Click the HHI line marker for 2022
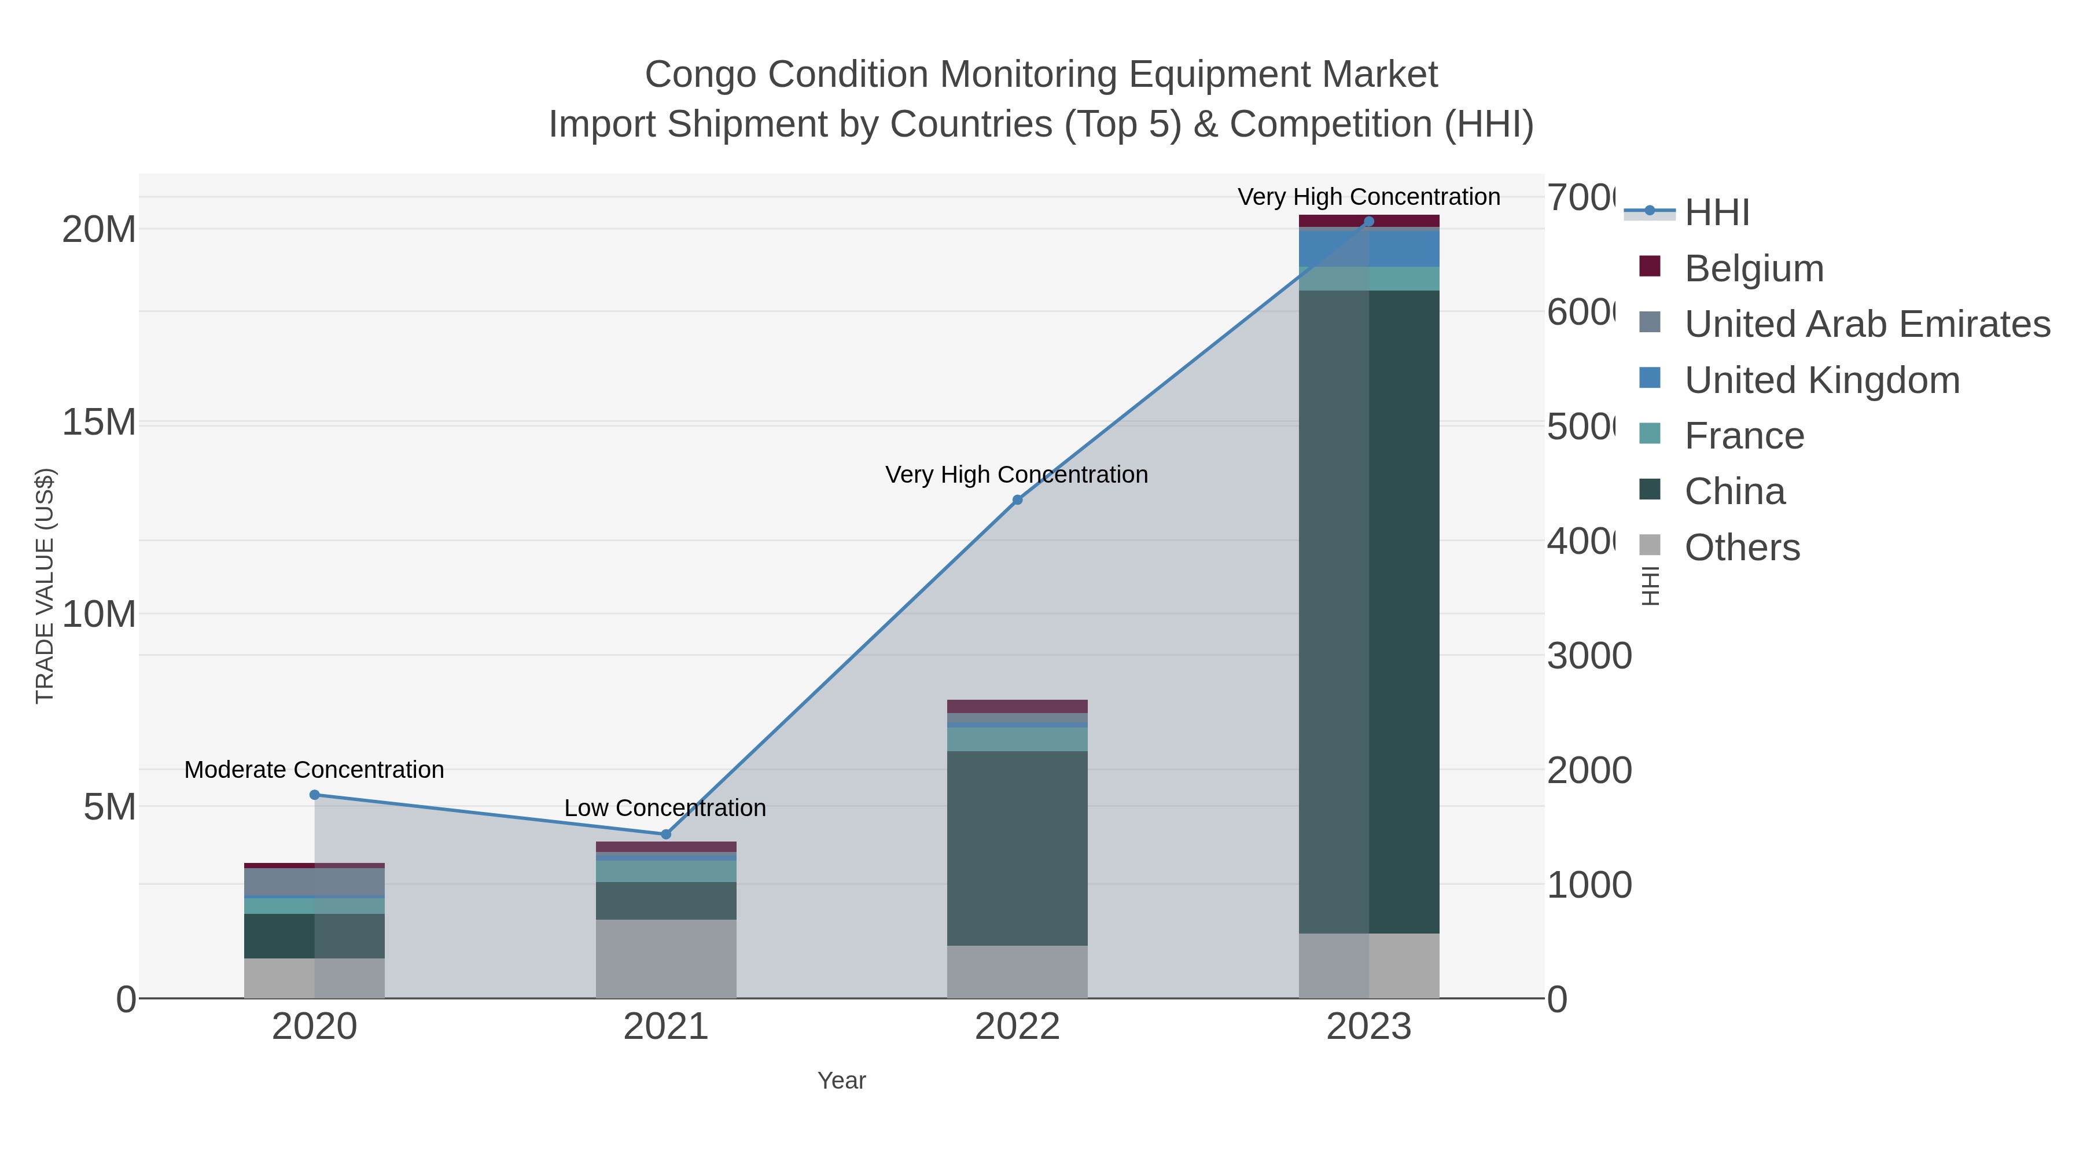(x=1017, y=500)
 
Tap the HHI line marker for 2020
(x=315, y=795)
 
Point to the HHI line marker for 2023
(x=1369, y=222)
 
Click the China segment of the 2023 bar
(x=1369, y=612)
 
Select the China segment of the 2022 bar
(x=1017, y=848)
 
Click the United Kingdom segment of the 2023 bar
(x=1369, y=249)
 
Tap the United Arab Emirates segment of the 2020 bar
(x=315, y=883)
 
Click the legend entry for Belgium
(x=1753, y=269)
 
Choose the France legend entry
(x=1743, y=436)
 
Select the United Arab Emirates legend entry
(x=1866, y=324)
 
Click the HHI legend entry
(x=1716, y=213)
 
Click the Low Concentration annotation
(x=665, y=808)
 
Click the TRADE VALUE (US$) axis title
(x=45, y=586)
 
